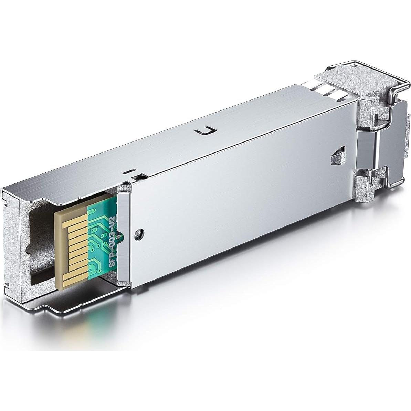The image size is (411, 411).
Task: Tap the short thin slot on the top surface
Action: [x=128, y=171]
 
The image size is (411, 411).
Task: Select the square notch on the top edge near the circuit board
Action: [x=137, y=178]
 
